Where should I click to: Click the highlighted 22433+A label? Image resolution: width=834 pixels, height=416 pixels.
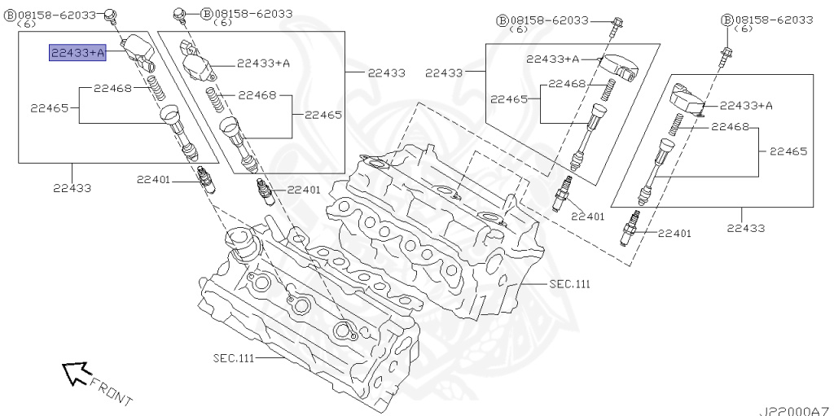coord(78,53)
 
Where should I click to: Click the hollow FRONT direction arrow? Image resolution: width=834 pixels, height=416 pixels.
coord(76,373)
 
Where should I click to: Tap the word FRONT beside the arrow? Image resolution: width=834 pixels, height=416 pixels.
coord(111,390)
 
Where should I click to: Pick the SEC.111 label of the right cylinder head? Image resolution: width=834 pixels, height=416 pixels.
coord(568,284)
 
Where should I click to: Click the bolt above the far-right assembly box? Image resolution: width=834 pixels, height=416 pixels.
coord(724,57)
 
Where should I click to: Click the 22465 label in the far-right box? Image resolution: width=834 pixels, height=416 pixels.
coord(788,151)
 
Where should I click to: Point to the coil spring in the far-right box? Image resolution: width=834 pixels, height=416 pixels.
coord(674,125)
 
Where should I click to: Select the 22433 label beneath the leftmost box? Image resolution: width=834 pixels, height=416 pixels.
coord(72,188)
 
